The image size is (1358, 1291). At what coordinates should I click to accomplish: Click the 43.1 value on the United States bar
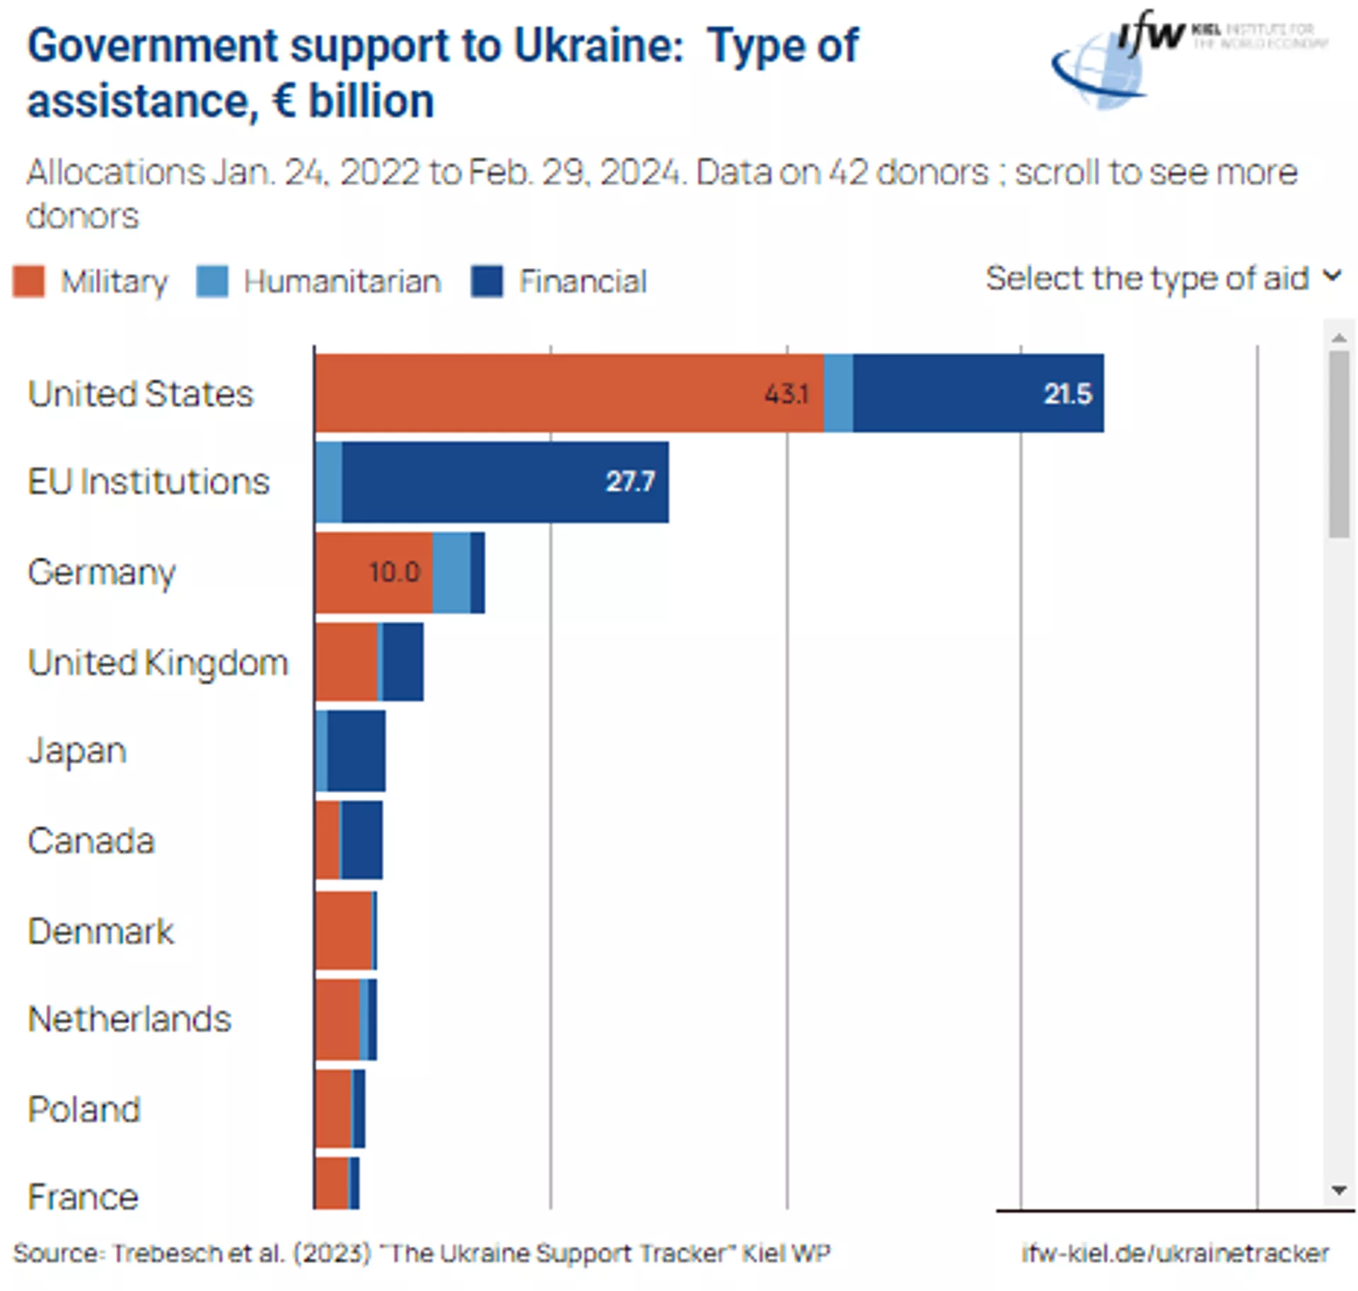coord(786,394)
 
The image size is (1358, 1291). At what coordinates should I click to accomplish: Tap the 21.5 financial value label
coord(1067,394)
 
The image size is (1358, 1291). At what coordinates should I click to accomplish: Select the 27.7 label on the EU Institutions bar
coord(629,482)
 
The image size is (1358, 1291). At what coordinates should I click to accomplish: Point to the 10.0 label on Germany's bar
coord(395,572)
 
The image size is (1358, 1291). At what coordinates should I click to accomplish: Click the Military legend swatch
coord(29,281)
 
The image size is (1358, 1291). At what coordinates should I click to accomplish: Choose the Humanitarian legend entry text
coord(342,282)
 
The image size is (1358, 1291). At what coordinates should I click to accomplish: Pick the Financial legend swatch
coord(487,281)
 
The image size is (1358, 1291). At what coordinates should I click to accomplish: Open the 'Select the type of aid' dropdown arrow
coord(1332,276)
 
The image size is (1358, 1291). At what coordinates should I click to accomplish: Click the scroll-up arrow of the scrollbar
coord(1338,338)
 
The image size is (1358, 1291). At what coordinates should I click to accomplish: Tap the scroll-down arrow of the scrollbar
coord(1338,1191)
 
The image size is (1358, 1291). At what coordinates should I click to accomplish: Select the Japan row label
coord(77,751)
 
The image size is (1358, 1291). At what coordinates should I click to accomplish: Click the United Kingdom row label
coord(158,663)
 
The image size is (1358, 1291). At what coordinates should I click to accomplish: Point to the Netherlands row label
coord(129,1019)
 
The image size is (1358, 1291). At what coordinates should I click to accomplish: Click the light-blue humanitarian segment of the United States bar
coord(838,393)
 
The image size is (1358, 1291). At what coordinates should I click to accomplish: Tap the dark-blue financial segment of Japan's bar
coord(356,751)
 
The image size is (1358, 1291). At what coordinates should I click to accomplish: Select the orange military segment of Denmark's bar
coord(343,930)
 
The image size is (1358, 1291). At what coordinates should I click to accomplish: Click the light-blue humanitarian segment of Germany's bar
coord(451,572)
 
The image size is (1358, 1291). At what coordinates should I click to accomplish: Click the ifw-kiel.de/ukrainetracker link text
coord(1175,1253)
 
